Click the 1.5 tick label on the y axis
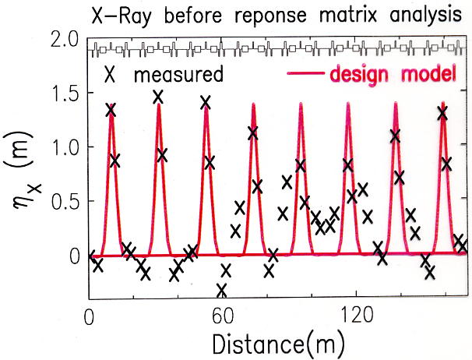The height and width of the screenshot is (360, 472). coord(65,94)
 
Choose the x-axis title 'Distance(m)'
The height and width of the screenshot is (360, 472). coord(268,342)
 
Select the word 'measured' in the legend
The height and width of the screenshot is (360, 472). coord(178,76)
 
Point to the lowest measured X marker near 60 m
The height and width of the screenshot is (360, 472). coord(222,290)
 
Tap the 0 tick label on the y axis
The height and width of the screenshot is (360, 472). coord(73,255)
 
